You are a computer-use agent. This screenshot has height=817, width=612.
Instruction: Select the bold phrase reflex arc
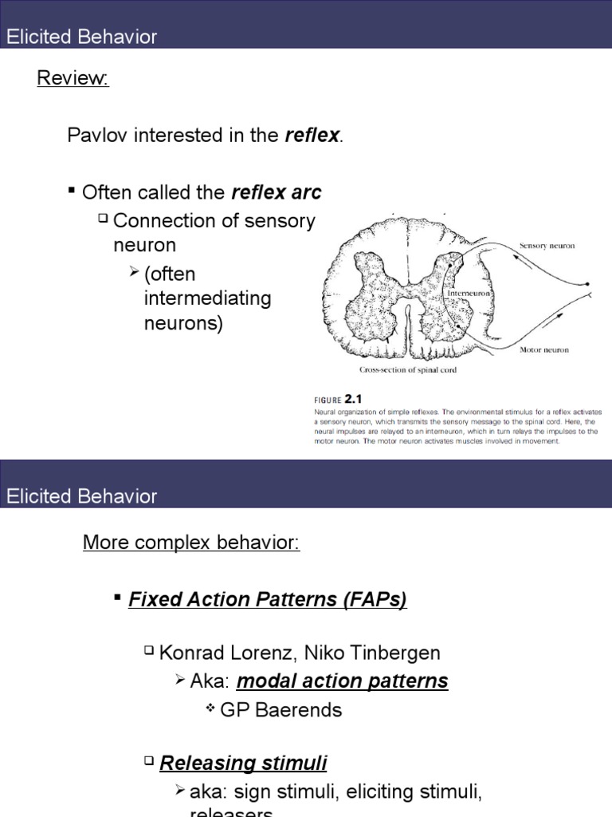pyautogui.click(x=277, y=192)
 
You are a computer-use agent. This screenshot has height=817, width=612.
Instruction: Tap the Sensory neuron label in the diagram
pyautogui.click(x=547, y=247)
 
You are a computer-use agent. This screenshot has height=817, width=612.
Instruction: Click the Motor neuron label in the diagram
pyautogui.click(x=544, y=349)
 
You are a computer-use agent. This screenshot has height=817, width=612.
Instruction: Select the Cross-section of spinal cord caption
pyautogui.click(x=407, y=370)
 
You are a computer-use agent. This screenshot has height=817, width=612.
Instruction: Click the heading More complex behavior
pyautogui.click(x=191, y=543)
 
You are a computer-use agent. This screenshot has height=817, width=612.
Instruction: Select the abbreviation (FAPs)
pyautogui.click(x=374, y=599)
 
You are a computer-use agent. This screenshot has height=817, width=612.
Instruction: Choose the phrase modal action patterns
pyautogui.click(x=343, y=681)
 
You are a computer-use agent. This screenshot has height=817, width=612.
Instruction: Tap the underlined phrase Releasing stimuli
pyautogui.click(x=243, y=763)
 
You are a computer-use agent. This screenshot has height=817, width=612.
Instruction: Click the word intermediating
pyautogui.click(x=207, y=299)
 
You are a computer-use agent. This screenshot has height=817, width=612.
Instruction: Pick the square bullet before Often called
pyautogui.click(x=72, y=191)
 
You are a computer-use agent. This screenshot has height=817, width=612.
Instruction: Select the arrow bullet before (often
pyautogui.click(x=134, y=274)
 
